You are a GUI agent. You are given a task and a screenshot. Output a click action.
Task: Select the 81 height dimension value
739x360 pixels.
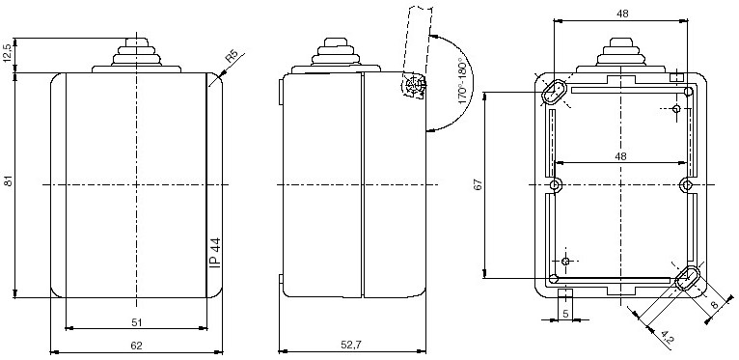[9, 180]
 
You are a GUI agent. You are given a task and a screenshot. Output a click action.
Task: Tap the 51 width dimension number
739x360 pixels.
[137, 322]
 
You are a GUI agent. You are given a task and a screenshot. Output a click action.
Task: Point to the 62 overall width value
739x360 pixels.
[136, 346]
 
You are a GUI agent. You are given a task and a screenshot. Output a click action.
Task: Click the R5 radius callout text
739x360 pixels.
[231, 56]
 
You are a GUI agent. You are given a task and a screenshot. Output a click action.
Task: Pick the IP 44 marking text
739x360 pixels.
[215, 253]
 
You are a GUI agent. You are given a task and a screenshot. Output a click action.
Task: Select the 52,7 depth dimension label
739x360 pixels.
[351, 345]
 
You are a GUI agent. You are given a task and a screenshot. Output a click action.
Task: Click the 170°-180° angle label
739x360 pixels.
[464, 83]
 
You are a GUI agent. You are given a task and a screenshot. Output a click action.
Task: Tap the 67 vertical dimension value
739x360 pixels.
[479, 184]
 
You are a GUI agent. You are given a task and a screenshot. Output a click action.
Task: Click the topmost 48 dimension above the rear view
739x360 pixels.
[622, 14]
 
